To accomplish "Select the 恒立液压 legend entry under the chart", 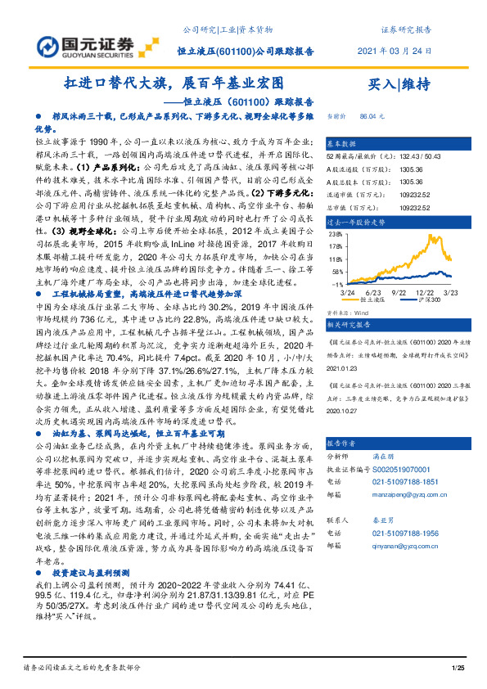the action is tap(377, 300).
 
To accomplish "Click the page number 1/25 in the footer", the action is tap(458, 669).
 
